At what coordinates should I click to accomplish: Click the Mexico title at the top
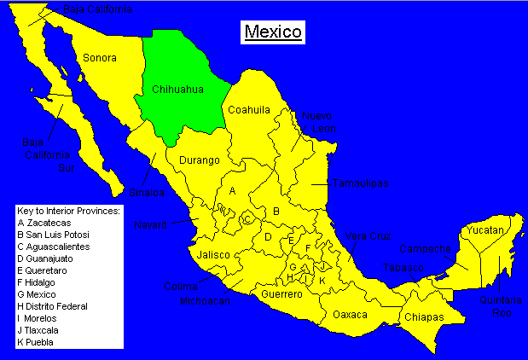pos(273,32)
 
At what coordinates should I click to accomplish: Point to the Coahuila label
pos(248,109)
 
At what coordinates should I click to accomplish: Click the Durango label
pos(200,160)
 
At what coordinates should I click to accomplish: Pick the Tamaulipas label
pos(361,183)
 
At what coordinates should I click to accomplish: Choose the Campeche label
pos(424,250)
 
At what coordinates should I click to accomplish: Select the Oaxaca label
pos(351,314)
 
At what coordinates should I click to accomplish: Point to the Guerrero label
pos(281,294)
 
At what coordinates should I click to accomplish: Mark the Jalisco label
pos(213,254)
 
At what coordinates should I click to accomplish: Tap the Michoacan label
pos(206,301)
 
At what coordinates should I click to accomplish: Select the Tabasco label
pos(401,267)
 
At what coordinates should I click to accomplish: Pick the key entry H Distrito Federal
pos(57,305)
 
